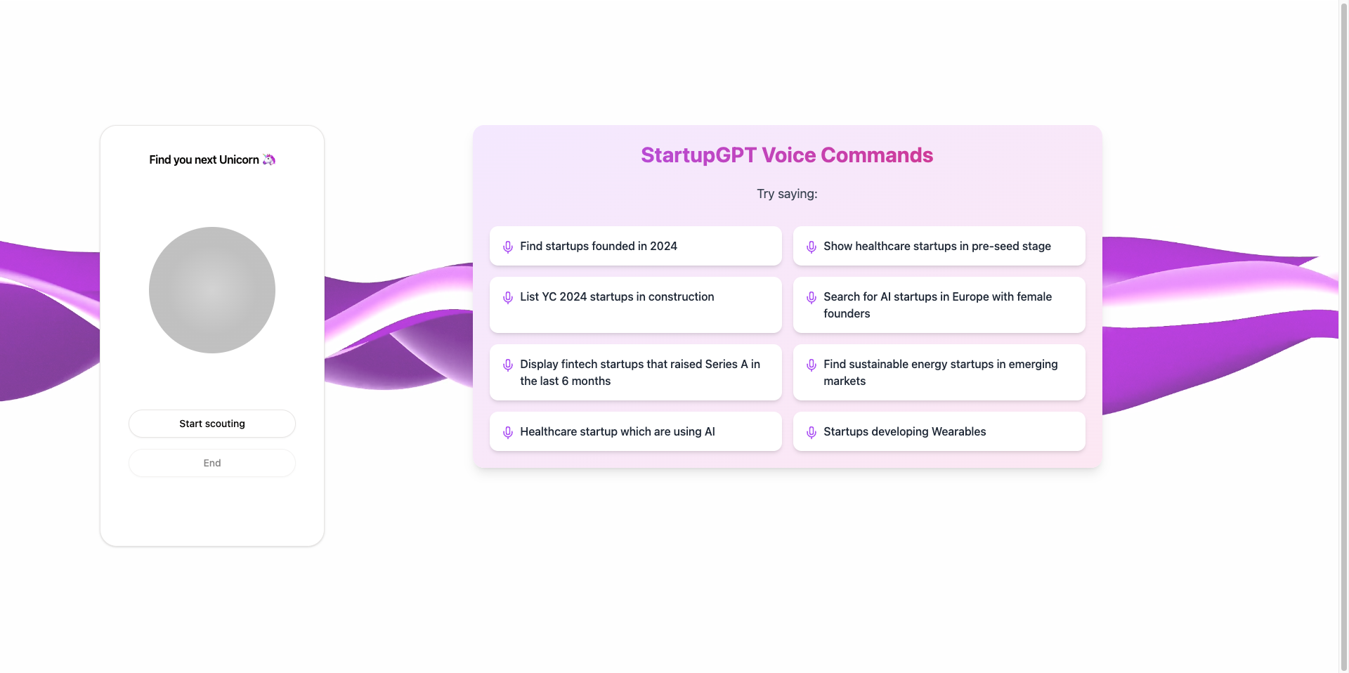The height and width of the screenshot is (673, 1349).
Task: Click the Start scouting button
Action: click(x=212, y=424)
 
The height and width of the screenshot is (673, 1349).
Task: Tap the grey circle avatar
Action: click(x=212, y=290)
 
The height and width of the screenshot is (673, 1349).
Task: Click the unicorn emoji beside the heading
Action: click(x=269, y=159)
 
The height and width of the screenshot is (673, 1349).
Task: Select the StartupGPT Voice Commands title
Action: click(x=787, y=155)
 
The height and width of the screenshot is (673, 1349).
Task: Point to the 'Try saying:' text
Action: click(x=787, y=194)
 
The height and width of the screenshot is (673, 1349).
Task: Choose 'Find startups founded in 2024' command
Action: click(x=636, y=246)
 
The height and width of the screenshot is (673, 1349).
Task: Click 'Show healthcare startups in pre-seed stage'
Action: click(x=939, y=246)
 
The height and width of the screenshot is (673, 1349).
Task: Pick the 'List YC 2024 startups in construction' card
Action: click(x=636, y=305)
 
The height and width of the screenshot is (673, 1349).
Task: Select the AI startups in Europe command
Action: click(x=939, y=305)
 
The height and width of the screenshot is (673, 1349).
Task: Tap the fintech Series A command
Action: click(x=636, y=372)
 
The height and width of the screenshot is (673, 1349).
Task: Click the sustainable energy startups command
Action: click(x=939, y=372)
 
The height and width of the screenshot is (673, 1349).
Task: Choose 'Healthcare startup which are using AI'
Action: click(x=636, y=431)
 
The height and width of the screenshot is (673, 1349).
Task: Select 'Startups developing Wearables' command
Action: click(x=939, y=431)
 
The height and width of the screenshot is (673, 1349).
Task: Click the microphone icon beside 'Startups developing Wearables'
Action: click(x=812, y=433)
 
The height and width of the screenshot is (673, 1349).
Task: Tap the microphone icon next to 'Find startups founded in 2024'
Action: click(x=508, y=247)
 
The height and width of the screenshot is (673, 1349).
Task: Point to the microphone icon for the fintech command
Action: click(x=508, y=365)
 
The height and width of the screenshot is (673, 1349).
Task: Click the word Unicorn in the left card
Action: click(x=239, y=159)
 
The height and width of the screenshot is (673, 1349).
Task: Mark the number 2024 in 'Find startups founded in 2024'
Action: click(x=663, y=246)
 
